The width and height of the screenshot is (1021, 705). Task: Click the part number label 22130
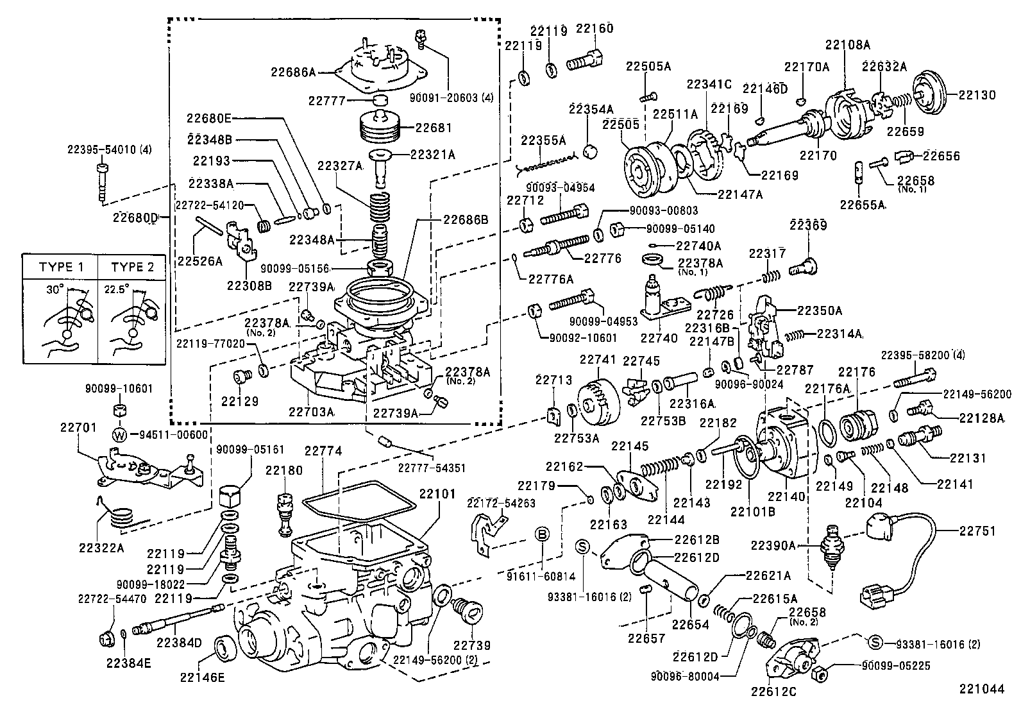pyautogui.click(x=977, y=95)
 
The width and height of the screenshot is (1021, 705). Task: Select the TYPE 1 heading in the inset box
pyautogui.click(x=61, y=267)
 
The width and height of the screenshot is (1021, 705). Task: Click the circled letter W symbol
pyautogui.click(x=119, y=435)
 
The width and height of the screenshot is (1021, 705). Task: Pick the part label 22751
pyautogui.click(x=978, y=531)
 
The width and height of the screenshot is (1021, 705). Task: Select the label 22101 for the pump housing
pyautogui.click(x=437, y=494)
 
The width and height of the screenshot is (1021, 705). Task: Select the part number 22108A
pyautogui.click(x=847, y=45)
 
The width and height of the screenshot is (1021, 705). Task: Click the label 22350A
pyautogui.click(x=819, y=310)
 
